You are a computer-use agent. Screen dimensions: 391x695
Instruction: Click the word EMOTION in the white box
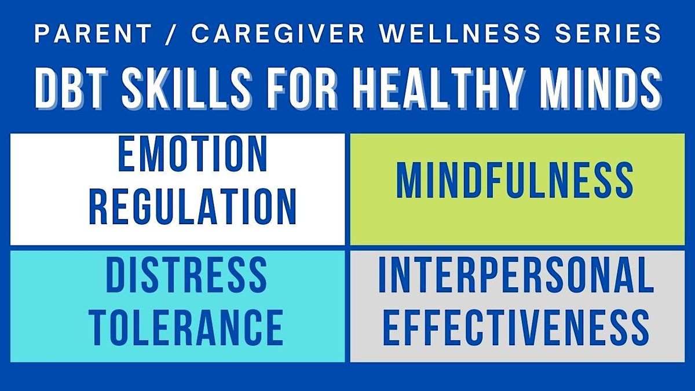click(x=193, y=156)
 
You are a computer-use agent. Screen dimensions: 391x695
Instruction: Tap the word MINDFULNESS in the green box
click(x=514, y=181)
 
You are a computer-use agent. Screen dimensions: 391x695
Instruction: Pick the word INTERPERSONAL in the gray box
click(x=514, y=276)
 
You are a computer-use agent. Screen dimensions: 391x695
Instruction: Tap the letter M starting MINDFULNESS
click(x=410, y=181)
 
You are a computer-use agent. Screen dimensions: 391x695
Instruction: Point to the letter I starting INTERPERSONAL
click(x=382, y=276)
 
